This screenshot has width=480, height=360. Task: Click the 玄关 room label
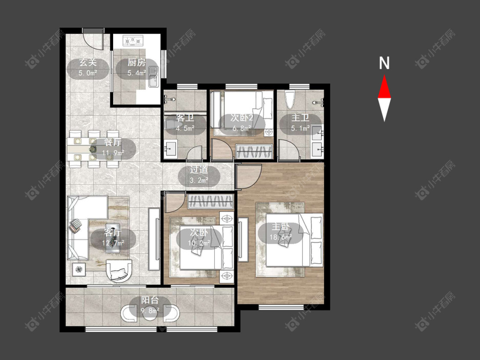point(88,63)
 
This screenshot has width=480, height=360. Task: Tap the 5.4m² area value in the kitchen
point(137,73)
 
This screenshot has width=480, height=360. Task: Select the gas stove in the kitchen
point(133,41)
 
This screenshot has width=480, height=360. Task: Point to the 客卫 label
point(185,118)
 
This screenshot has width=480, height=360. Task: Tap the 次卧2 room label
point(242,118)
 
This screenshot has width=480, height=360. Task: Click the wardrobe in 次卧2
point(254,151)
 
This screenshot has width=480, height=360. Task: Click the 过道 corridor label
point(199,170)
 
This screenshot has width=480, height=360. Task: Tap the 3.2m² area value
point(199,180)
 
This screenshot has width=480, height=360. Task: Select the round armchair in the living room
point(119,270)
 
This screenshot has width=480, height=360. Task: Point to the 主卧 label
point(280,227)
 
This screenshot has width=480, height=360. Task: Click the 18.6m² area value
point(280,237)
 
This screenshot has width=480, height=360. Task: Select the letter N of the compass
point(384,63)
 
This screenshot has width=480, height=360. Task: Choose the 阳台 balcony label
point(150,300)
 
